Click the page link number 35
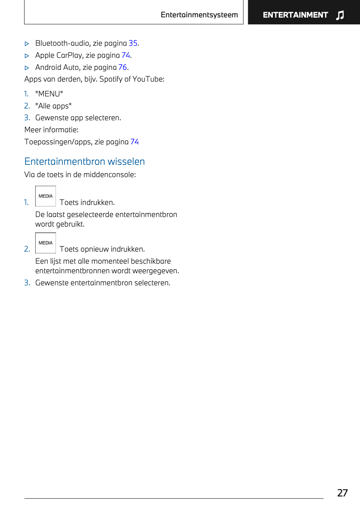coord(133,43)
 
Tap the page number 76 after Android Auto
coord(122,67)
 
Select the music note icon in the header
coord(340,15)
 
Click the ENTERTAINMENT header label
coord(295,15)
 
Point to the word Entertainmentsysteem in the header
coord(199,15)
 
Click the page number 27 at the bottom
coord(342,493)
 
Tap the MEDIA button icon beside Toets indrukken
coord(46,196)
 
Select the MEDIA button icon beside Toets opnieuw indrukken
coord(46,243)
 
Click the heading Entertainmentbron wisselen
coord(85,161)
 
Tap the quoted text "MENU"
coord(49,94)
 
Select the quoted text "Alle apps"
coord(53,106)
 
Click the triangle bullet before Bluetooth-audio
coord(27,44)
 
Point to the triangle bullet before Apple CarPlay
coord(27,56)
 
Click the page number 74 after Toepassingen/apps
coord(134,142)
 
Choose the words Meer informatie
coord(51,130)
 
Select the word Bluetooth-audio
coord(63,43)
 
